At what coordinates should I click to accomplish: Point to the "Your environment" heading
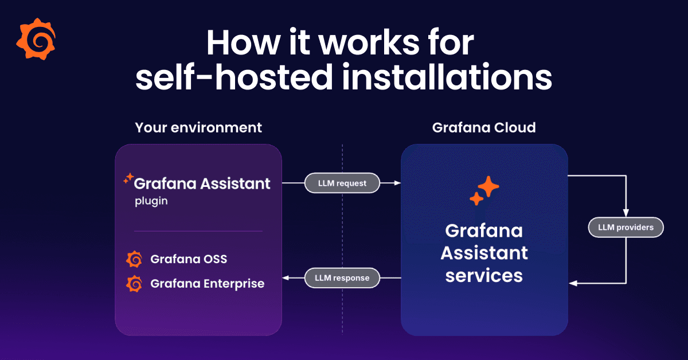click(x=198, y=127)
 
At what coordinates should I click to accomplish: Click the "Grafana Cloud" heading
click(x=484, y=127)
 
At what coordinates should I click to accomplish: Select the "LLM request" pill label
click(x=342, y=183)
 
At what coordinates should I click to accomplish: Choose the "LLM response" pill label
click(x=342, y=278)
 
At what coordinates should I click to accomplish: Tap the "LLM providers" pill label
click(x=626, y=228)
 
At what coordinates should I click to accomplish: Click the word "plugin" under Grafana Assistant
click(x=151, y=202)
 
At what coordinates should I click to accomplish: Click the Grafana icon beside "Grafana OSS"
click(x=134, y=259)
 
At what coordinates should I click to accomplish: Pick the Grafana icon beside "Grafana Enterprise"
click(x=134, y=283)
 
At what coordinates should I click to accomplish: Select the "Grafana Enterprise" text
click(x=207, y=283)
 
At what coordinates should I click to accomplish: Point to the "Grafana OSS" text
click(x=189, y=259)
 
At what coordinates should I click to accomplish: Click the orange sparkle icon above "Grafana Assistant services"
click(x=484, y=190)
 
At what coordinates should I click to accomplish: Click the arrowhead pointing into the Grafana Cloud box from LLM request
click(x=397, y=183)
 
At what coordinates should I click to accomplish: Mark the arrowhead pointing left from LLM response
click(x=288, y=278)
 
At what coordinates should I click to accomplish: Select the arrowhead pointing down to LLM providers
click(x=626, y=214)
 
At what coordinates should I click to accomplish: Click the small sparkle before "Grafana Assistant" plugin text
click(x=128, y=178)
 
